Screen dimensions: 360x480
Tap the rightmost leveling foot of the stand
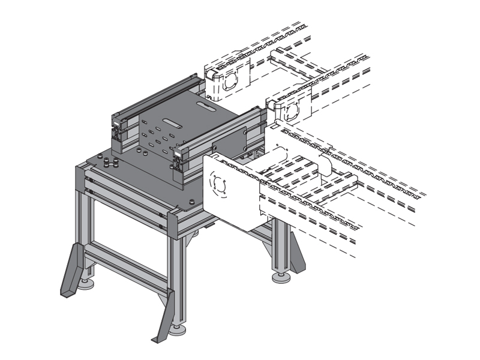click(x=279, y=277)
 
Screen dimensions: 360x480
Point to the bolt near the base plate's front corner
click(x=191, y=202)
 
